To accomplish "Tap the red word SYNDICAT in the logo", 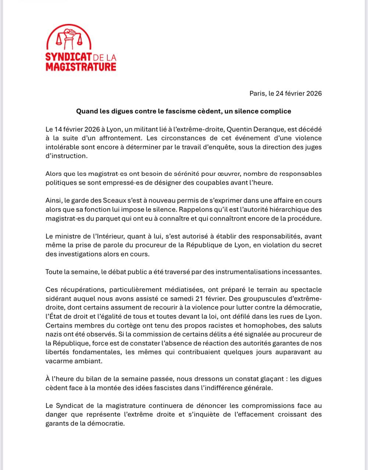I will pos(68,58).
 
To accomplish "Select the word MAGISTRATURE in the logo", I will pos(81,67).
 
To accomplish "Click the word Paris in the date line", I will pos(257,93).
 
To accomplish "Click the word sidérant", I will pos(58,299).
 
